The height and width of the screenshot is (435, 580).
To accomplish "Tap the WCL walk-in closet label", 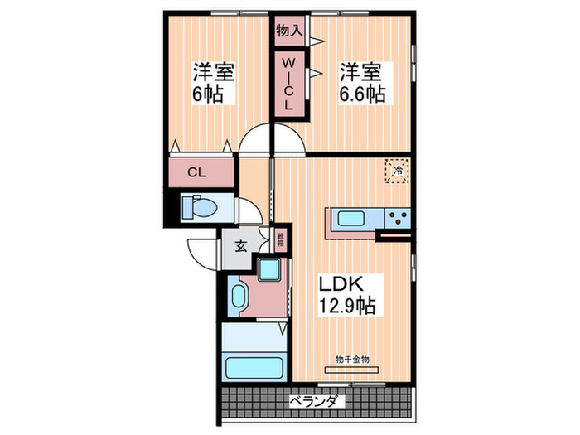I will coord(289,84).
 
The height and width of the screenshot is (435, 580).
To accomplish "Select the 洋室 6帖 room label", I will coord(214,82).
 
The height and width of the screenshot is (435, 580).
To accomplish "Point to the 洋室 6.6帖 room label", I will coord(360,82).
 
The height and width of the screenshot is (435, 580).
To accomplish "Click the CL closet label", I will coord(196,172).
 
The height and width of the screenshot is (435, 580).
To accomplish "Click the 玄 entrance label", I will coord(239,246).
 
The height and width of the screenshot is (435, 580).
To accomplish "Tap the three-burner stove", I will coord(396,219).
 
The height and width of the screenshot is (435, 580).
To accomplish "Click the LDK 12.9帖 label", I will coord(348,293).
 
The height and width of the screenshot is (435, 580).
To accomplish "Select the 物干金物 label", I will coord(352,359).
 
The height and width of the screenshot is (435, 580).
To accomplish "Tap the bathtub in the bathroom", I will coord(254,366).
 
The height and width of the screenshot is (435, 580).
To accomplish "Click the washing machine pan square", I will coord(269,270).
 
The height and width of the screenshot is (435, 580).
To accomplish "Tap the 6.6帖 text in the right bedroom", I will coord(361,94).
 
